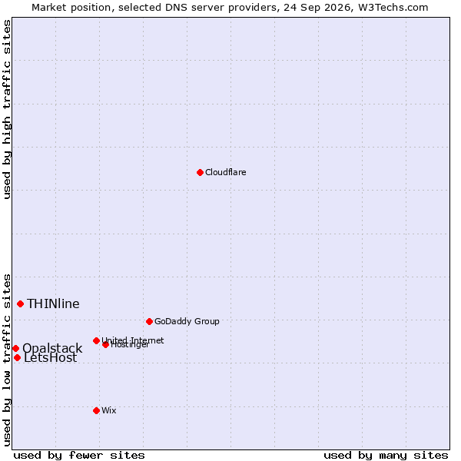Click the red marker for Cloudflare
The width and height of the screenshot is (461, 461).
(200, 172)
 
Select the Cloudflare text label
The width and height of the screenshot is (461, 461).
(225, 172)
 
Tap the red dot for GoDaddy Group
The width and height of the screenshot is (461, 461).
(149, 321)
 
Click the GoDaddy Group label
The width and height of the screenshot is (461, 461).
(187, 321)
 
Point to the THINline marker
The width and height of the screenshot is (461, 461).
(20, 303)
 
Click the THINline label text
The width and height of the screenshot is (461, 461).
(53, 303)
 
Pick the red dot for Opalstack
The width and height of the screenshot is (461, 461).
(16, 348)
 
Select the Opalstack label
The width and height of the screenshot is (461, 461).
(52, 348)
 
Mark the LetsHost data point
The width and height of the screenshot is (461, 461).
(18, 357)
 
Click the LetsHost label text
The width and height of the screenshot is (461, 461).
(50, 358)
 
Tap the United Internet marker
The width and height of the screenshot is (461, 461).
(96, 340)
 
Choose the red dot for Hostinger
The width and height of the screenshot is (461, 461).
(105, 344)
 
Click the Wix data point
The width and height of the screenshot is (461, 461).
(96, 410)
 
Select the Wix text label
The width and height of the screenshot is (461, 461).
(109, 410)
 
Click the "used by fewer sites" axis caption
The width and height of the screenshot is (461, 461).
(79, 456)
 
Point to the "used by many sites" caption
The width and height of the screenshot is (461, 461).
(386, 456)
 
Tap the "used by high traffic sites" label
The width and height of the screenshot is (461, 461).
(7, 109)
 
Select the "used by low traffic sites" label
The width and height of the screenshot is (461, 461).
(7, 360)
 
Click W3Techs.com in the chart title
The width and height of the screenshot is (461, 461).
(393, 8)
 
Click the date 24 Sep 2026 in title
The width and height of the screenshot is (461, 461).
(317, 8)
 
